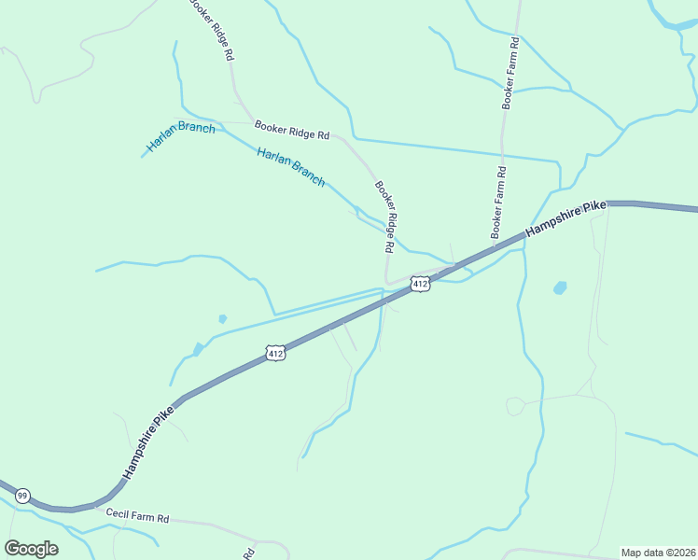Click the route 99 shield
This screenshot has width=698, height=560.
click(x=23, y=495)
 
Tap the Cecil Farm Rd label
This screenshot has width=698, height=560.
click(x=136, y=516)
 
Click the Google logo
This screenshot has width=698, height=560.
click(x=31, y=549)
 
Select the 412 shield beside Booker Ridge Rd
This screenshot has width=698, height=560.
click(x=420, y=283)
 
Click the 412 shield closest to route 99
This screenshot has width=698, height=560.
click(x=274, y=353)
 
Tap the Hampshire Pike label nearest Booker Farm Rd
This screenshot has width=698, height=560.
click(x=565, y=218)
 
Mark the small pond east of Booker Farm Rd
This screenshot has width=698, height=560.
click(x=559, y=287)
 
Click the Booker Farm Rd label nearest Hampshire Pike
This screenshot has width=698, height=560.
click(x=499, y=202)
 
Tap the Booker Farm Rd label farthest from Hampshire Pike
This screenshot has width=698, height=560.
click(x=511, y=74)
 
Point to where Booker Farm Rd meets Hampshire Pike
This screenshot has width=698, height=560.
click(x=492, y=242)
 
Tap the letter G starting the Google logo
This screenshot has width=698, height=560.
click(x=12, y=548)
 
